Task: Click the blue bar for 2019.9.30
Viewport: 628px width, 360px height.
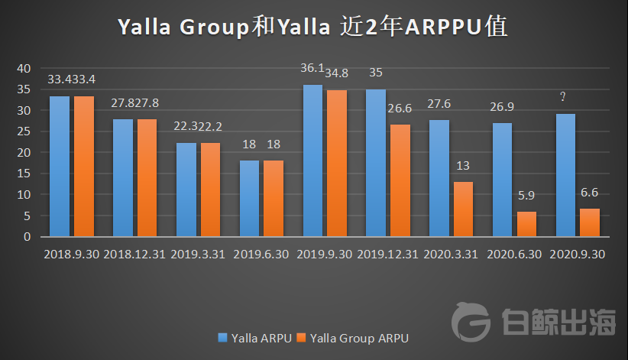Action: pyautogui.click(x=313, y=161)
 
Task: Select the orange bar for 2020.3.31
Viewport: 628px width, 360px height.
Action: pyautogui.click(x=463, y=209)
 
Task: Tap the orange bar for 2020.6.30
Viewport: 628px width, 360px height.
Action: pyautogui.click(x=526, y=224)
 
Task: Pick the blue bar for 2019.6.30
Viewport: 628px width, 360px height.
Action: pyautogui.click(x=250, y=198)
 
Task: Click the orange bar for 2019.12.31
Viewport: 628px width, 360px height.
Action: pyautogui.click(x=400, y=180)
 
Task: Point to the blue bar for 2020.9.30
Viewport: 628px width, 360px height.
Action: pyautogui.click(x=566, y=175)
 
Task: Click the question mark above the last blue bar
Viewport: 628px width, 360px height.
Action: pyautogui.click(x=564, y=96)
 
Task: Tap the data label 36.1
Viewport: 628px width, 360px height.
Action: pyautogui.click(x=313, y=68)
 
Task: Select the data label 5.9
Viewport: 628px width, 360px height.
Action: pyautogui.click(x=527, y=196)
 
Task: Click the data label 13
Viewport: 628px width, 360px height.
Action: pyautogui.click(x=463, y=166)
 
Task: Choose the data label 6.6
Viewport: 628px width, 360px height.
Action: pyautogui.click(x=589, y=193)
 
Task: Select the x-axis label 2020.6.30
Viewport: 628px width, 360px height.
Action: pyautogui.click(x=515, y=254)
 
